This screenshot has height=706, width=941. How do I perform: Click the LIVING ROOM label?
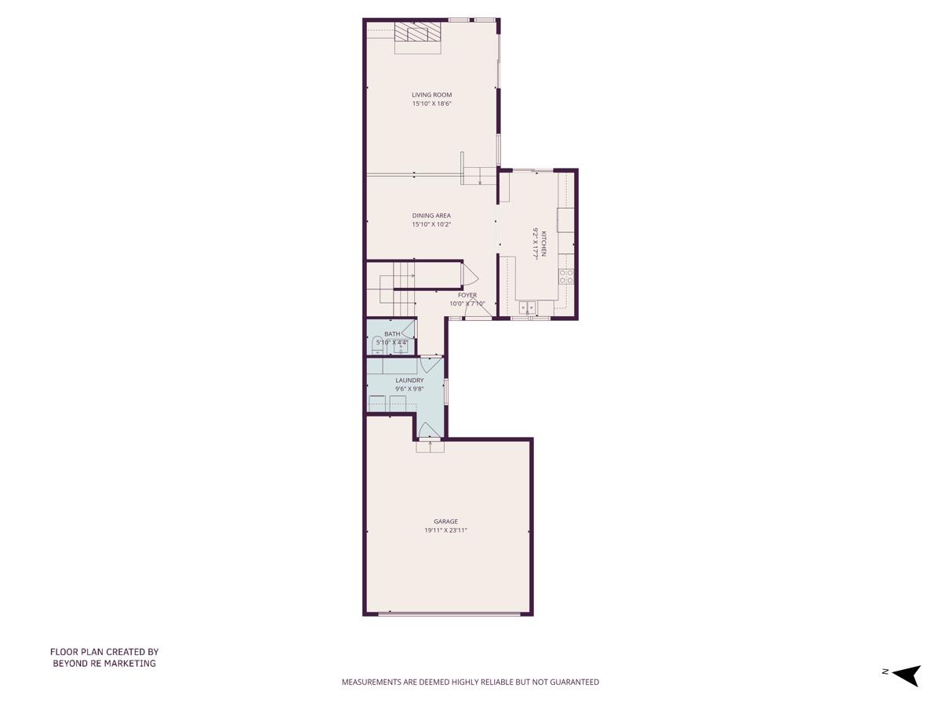point(432,95)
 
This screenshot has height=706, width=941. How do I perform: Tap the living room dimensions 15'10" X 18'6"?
point(432,104)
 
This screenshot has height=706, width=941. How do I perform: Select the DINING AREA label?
point(431,216)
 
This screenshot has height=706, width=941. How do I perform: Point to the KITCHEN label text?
point(541,243)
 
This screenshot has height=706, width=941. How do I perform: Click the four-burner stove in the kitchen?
point(565,276)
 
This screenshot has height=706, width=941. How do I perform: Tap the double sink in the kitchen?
point(527,307)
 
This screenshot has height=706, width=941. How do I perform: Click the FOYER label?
point(467,296)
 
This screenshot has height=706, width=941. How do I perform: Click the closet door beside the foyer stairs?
point(470,275)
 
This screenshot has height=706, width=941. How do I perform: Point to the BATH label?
point(392,334)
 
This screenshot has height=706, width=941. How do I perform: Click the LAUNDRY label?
point(409,380)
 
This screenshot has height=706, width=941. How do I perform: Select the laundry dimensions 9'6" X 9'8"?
point(409,389)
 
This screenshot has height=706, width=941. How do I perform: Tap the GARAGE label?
point(445,522)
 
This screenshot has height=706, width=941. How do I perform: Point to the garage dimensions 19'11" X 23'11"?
point(445,530)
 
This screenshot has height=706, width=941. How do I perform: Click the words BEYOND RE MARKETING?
point(104,664)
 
